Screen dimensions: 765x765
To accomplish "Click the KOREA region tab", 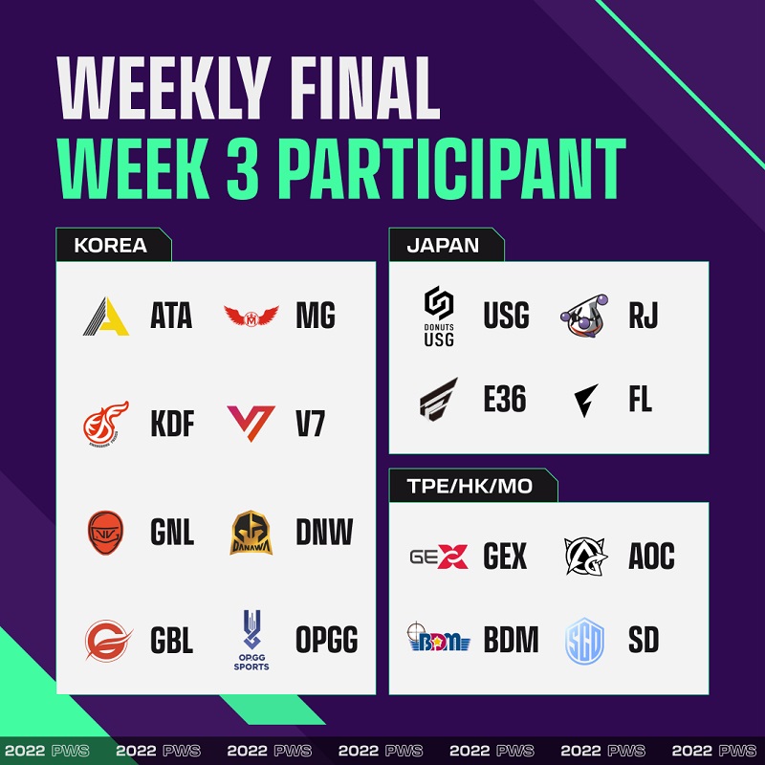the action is (x=114, y=245).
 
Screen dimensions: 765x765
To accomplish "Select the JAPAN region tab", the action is (x=447, y=245).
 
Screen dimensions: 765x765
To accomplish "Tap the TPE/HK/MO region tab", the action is (x=473, y=486).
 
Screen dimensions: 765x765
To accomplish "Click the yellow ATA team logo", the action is (x=106, y=317).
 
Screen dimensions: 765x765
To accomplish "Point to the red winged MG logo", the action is (x=251, y=316).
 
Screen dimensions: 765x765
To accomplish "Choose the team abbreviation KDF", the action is (x=172, y=424).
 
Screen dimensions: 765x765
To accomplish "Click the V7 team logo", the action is (x=251, y=423).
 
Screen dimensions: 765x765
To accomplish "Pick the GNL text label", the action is (x=172, y=533).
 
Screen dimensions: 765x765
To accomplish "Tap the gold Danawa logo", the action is (x=251, y=533).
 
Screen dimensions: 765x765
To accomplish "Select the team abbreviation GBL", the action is (x=172, y=640).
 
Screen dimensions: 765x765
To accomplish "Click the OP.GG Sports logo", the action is (x=251, y=640).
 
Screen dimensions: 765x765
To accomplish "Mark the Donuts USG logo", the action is (x=439, y=317).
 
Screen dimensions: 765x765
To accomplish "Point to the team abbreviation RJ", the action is (x=643, y=316).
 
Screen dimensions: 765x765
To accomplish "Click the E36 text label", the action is (x=505, y=399).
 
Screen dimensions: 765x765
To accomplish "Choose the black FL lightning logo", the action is (x=585, y=400).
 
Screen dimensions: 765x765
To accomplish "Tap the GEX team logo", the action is (x=439, y=557).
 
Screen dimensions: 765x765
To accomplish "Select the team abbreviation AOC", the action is (x=652, y=556).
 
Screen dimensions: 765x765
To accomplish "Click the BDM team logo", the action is (x=439, y=637).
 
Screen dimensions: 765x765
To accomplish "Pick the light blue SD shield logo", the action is (x=584, y=641).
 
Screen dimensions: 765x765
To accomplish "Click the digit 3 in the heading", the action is (x=243, y=169).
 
